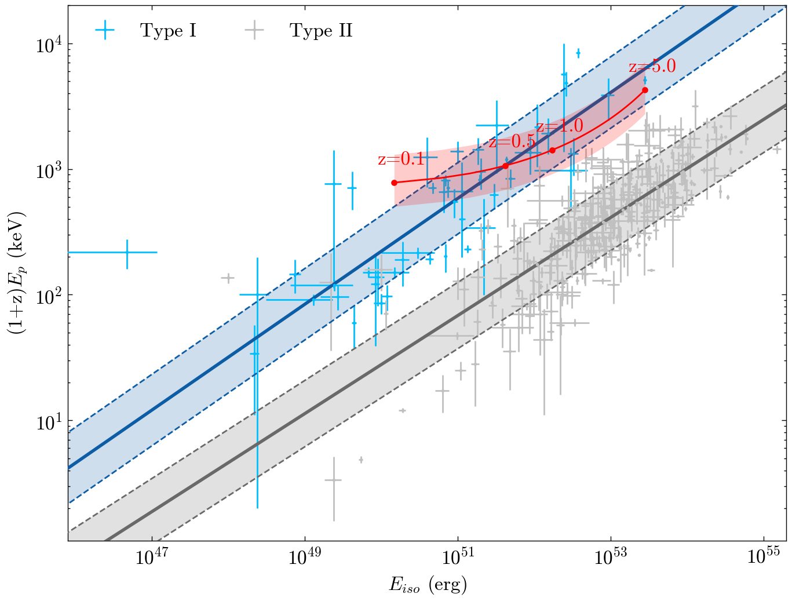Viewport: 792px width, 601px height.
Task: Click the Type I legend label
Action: click(x=168, y=31)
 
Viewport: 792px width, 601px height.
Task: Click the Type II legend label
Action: click(x=321, y=31)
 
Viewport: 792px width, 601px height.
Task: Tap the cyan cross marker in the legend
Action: click(x=105, y=31)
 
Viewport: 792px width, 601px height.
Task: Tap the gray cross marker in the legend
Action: click(x=254, y=31)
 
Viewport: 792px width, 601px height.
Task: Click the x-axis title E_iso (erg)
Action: click(x=428, y=584)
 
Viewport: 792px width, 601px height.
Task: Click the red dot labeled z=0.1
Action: click(x=395, y=183)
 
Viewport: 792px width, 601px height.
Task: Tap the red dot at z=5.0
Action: click(x=645, y=90)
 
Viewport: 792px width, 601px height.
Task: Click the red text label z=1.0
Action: click(x=559, y=126)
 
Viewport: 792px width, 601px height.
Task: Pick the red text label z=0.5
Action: click(x=512, y=141)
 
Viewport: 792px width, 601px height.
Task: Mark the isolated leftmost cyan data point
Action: click(x=127, y=252)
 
